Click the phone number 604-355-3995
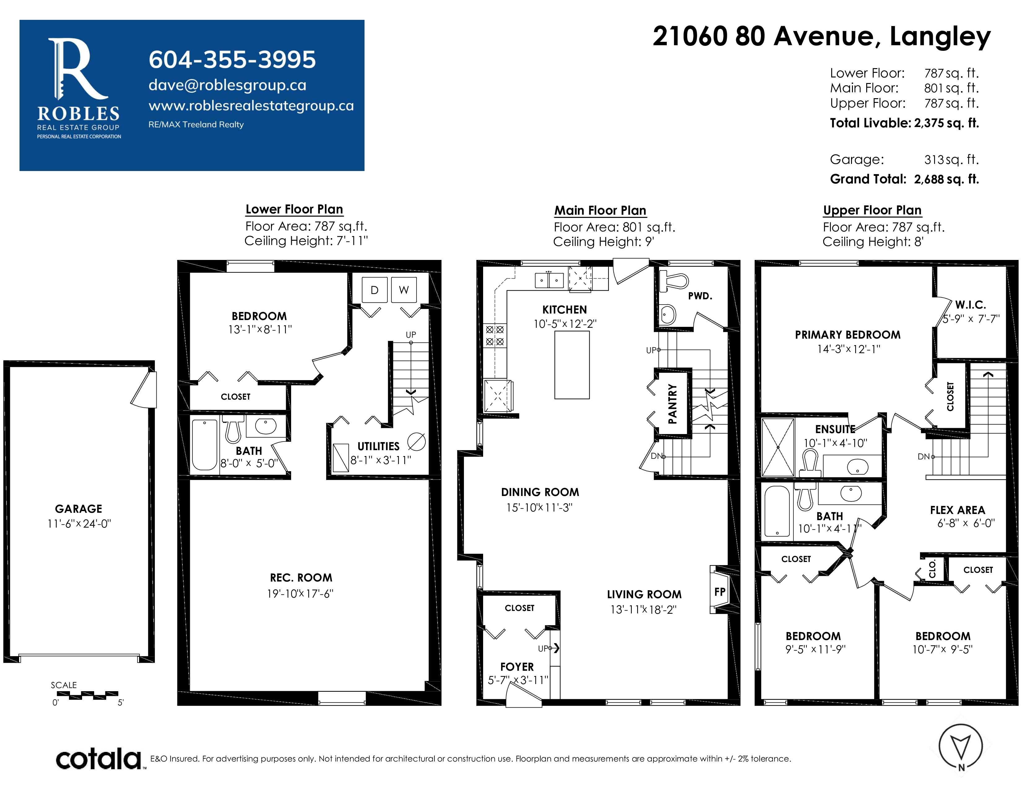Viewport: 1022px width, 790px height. (x=232, y=59)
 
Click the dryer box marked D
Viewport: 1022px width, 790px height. (x=374, y=290)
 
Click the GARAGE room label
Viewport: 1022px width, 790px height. (x=79, y=509)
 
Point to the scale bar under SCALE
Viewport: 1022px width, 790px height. (x=87, y=695)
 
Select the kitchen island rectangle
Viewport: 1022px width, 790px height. (x=572, y=365)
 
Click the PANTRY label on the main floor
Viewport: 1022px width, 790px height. (x=672, y=403)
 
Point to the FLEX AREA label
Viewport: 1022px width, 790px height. (x=957, y=510)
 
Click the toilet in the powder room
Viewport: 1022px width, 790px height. (x=673, y=281)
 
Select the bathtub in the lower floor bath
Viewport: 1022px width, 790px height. (x=204, y=445)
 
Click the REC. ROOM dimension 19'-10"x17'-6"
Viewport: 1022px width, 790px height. (x=300, y=594)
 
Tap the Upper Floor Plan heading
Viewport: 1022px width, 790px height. (x=872, y=210)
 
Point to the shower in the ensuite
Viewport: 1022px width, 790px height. (x=778, y=447)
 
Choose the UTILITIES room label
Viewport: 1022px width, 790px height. (x=378, y=446)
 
